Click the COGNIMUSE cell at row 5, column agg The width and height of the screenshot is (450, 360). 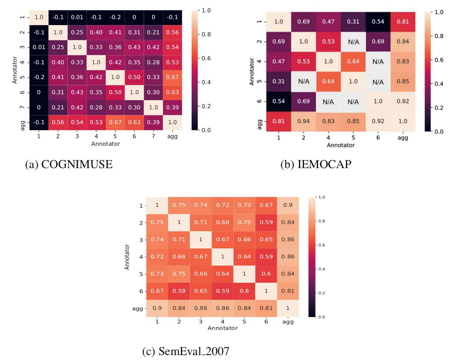click(x=172, y=77)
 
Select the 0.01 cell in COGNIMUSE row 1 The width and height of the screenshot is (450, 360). click(x=77, y=17)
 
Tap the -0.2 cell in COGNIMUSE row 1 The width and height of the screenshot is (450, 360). click(x=115, y=17)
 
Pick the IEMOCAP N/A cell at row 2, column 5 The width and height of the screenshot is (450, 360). click(x=353, y=42)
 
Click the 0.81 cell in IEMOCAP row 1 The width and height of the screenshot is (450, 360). click(x=403, y=22)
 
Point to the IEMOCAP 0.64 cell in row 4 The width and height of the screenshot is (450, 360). click(x=353, y=61)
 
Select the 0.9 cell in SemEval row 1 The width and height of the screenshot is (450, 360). click(x=288, y=205)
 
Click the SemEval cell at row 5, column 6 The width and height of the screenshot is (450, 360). click(x=266, y=274)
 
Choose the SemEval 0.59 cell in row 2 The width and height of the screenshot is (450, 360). click(x=266, y=222)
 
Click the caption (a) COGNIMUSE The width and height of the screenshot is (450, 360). click(x=69, y=164)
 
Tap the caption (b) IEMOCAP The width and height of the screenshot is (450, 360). click(x=316, y=164)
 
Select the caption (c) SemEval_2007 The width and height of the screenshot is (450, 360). click(x=186, y=351)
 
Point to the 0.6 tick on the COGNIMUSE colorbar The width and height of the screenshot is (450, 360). click(x=206, y=58)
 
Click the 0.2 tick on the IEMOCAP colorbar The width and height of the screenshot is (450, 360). click(x=438, y=108)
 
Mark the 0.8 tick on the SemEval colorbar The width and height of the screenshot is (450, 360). click(x=321, y=221)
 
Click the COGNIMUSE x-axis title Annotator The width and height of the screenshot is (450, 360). click(x=105, y=144)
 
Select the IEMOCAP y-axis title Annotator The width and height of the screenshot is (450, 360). click(x=252, y=72)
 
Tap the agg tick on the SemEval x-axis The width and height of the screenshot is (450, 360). click(x=288, y=322)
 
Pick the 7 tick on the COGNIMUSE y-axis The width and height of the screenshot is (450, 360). click(x=22, y=107)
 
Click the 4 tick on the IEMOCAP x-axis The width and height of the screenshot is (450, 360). click(x=328, y=138)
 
